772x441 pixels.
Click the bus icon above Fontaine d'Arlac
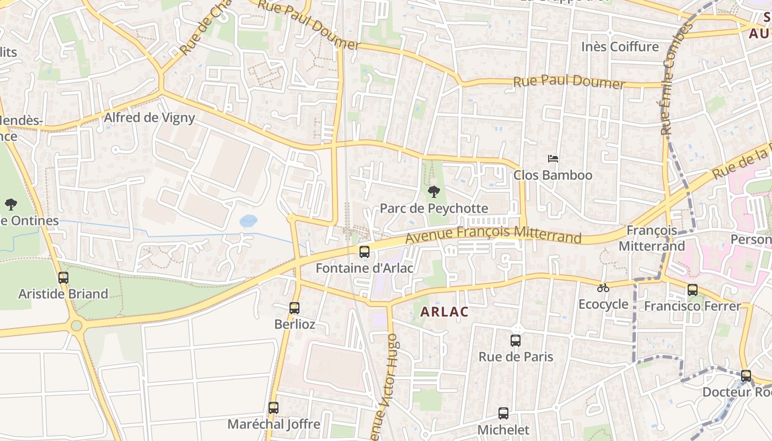coord(364,252)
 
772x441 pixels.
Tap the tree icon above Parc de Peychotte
coord(434,192)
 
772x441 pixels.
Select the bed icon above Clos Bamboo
coord(553,159)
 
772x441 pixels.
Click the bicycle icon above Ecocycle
coord(603,288)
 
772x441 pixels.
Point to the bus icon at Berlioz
coord(294,308)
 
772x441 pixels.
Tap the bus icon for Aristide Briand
coord(63,278)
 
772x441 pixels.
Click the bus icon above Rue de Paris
coord(516,341)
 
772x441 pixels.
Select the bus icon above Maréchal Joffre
coord(274,408)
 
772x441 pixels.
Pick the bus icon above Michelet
coord(503,413)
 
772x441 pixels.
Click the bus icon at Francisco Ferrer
coord(693,289)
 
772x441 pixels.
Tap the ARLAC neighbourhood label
coord(444,312)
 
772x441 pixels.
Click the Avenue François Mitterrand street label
coord(494,234)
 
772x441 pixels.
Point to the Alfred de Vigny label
coord(149,117)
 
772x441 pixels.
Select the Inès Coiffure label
coord(620,47)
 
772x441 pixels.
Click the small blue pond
coord(249,221)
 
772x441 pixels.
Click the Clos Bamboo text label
coord(553,175)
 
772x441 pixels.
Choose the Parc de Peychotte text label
coord(434,208)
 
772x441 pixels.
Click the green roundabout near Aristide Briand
coord(77,325)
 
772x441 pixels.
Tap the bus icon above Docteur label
coord(746,376)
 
